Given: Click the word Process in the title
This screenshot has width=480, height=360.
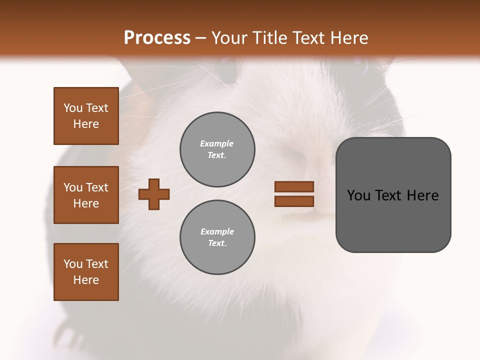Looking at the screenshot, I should click(x=157, y=38).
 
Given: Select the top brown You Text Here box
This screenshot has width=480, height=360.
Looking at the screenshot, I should click(x=86, y=116).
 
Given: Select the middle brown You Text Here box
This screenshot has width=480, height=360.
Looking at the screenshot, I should click(x=86, y=195).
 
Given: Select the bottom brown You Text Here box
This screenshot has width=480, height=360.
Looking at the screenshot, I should click(x=86, y=272).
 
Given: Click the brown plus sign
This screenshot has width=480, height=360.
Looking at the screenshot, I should click(x=154, y=194).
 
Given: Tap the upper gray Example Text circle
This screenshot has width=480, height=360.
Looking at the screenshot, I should click(x=217, y=149).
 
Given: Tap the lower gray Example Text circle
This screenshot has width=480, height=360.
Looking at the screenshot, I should click(x=217, y=237).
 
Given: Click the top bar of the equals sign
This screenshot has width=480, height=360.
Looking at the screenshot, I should click(x=294, y=187).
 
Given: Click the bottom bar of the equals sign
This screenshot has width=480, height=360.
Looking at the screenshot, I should click(x=294, y=201).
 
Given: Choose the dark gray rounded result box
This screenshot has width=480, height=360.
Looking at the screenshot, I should click(x=393, y=195).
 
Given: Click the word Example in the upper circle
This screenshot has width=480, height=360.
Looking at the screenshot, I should click(x=216, y=144).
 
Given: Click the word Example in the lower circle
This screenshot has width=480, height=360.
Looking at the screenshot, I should click(x=217, y=232).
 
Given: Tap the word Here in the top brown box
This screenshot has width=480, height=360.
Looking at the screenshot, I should click(x=86, y=124).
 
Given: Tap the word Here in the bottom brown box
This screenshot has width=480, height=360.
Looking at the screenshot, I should click(x=86, y=280).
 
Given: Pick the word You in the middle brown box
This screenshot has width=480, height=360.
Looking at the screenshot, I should click(x=73, y=187).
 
